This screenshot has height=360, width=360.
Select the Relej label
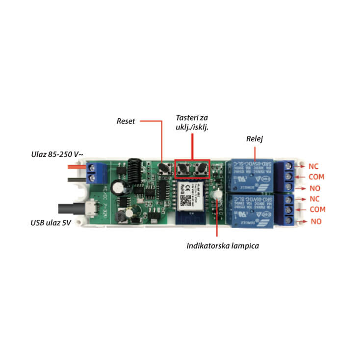pos(255,139)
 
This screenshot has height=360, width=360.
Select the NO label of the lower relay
pos(316,222)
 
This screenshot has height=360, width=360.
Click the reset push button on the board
pos(162,169)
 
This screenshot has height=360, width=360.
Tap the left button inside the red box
pos(183,169)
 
